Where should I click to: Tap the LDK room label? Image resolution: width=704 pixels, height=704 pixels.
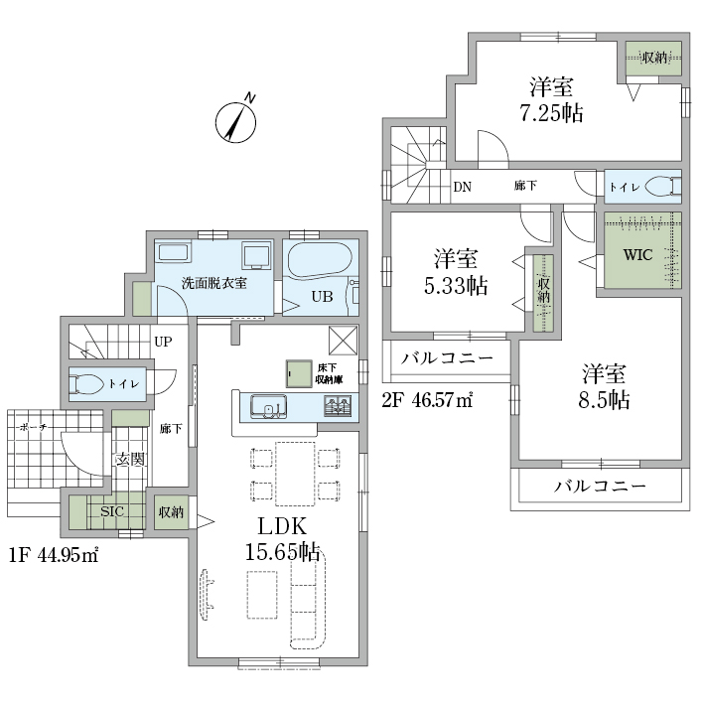click(x=282, y=526)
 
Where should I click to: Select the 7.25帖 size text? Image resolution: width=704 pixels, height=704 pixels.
click(x=552, y=112)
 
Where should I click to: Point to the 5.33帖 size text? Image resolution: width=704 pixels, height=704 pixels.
click(x=456, y=285)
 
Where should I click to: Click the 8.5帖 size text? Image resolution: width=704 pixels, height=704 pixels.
click(x=604, y=399)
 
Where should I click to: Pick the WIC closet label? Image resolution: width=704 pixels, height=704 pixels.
click(x=637, y=255)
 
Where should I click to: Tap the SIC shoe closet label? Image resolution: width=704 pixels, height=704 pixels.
click(x=112, y=511)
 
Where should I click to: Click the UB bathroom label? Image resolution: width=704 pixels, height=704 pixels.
click(x=322, y=297)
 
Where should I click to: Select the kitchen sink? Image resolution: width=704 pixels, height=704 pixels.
click(x=268, y=407)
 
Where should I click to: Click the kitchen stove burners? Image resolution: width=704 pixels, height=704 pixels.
click(x=338, y=406)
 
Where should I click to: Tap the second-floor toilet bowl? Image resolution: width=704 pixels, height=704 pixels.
click(x=662, y=186)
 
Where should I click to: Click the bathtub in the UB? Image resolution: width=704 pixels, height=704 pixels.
click(x=319, y=260)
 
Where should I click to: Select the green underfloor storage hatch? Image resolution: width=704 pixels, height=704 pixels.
click(x=299, y=373)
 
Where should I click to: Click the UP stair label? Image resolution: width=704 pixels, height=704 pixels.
click(x=163, y=342)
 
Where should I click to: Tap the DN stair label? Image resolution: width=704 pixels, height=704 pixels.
click(x=463, y=187)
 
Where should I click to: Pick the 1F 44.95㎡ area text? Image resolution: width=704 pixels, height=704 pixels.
click(x=54, y=555)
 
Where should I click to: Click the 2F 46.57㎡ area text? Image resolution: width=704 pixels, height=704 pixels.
click(x=427, y=399)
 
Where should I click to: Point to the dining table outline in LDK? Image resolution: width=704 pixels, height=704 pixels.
click(x=295, y=474)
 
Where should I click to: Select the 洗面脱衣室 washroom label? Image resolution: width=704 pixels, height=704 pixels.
click(x=214, y=283)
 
